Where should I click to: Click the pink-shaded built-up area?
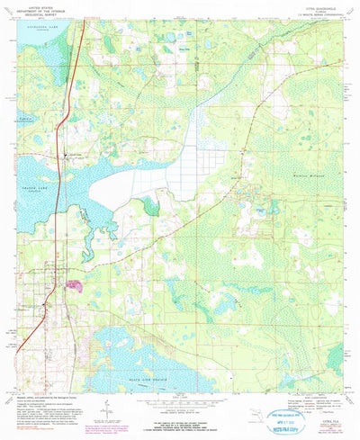pos(72,286)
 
